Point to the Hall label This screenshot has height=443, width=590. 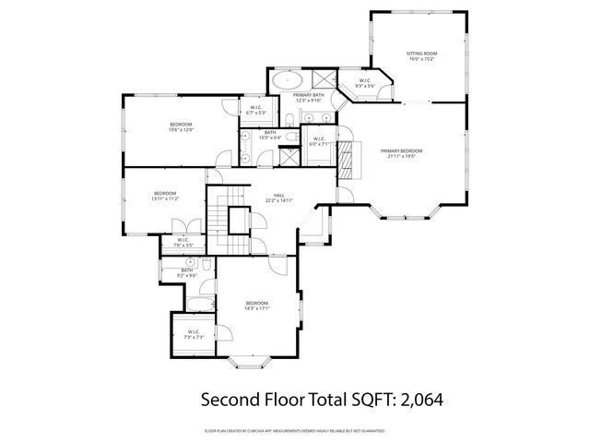[278, 196]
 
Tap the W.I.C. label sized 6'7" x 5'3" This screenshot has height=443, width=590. [256, 110]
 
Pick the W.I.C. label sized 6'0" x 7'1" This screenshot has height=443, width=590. [318, 140]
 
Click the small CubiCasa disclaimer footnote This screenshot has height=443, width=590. [295, 430]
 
